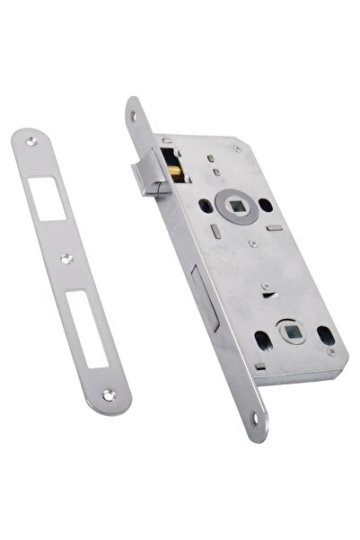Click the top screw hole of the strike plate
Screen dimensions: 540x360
[x=33, y=141]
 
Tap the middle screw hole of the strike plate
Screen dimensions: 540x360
[x=67, y=259]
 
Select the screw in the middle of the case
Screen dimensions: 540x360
[x=254, y=243]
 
